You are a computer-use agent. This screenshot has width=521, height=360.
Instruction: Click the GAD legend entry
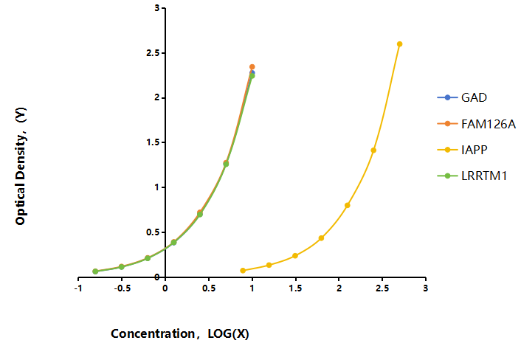(x=462, y=97)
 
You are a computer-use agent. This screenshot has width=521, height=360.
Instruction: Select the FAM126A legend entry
(x=477, y=124)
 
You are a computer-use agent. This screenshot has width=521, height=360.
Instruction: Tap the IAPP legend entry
(x=462, y=150)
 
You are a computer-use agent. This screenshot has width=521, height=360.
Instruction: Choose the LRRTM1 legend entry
(x=472, y=176)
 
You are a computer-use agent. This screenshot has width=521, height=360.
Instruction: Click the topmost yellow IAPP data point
(x=400, y=44)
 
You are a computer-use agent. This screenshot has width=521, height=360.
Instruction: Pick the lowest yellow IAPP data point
(x=243, y=271)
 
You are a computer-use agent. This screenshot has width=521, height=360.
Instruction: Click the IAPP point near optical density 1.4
(x=373, y=150)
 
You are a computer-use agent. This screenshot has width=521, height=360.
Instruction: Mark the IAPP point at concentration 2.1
(x=348, y=206)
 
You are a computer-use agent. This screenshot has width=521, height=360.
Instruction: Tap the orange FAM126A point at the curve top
(x=252, y=67)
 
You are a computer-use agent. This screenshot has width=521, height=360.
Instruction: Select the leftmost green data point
(x=95, y=271)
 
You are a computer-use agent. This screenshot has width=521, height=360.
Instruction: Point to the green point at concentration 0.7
(x=226, y=164)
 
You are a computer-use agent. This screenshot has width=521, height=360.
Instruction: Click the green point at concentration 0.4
(x=200, y=214)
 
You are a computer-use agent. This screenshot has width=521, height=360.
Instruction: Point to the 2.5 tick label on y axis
(x=153, y=53)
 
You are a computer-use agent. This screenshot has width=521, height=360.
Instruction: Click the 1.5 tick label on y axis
(x=153, y=142)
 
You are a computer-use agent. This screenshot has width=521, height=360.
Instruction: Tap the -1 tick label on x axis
(x=78, y=288)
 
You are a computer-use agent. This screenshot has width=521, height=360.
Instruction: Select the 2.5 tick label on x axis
(x=382, y=288)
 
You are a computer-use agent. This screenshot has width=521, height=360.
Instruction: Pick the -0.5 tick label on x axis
(x=122, y=288)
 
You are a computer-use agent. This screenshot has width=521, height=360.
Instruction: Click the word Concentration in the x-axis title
(x=153, y=333)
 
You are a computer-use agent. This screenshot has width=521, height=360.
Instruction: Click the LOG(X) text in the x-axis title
(x=228, y=333)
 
